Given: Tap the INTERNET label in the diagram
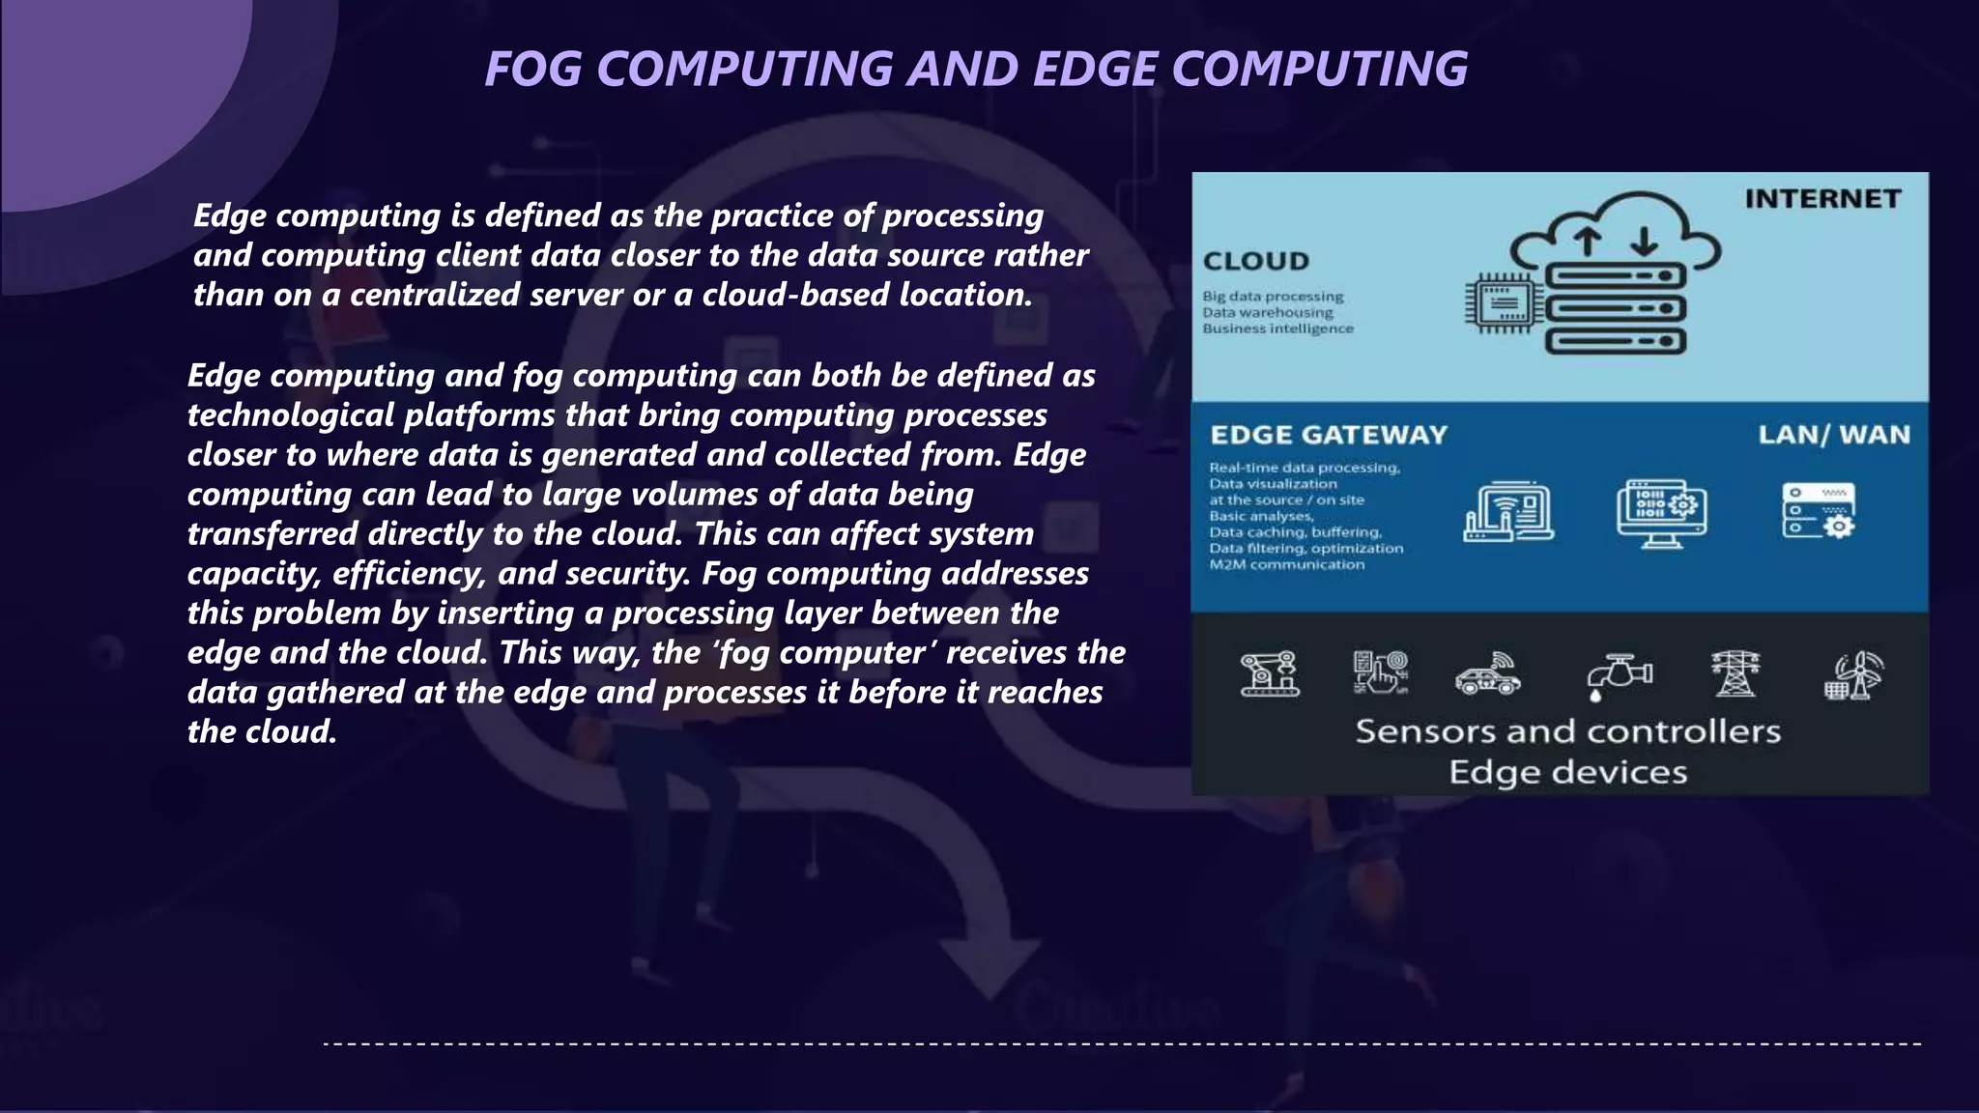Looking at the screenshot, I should pos(1822,199).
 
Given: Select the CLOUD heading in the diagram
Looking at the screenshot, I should pos(1256,261).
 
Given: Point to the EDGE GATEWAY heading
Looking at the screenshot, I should pos(1329,435).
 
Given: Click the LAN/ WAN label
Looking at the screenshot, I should pos(1834,435).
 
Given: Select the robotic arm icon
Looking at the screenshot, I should pos(1270,673).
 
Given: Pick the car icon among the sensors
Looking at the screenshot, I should pos(1488,675).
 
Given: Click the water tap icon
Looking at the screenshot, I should pos(1619,675).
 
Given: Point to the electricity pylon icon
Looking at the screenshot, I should pos(1735,673).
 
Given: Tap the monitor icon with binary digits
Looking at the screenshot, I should pos(1661,513).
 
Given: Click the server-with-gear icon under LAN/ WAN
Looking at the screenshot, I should pos(1819,511).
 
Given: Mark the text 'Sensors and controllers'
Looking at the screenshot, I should pos(1567,731).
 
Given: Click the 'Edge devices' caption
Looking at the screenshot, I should pos(1567,772).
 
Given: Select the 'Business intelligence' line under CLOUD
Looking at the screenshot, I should pos(1277,328).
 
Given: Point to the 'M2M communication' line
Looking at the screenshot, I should pos(1286,564).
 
